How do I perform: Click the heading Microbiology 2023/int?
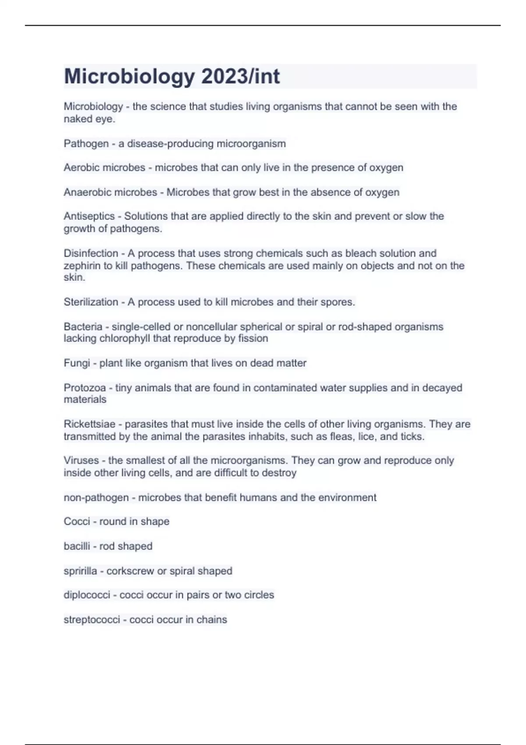click(172, 76)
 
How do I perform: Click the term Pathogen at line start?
click(86, 144)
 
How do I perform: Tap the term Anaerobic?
click(87, 192)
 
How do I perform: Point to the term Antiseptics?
click(89, 216)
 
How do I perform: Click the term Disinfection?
click(91, 253)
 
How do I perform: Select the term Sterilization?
click(91, 302)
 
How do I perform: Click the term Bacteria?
click(83, 327)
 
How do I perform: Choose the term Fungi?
click(77, 363)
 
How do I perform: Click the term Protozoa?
click(85, 388)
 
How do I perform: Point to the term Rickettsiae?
click(89, 424)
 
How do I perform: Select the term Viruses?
click(81, 461)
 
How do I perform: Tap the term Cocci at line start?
click(77, 521)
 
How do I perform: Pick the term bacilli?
click(77, 546)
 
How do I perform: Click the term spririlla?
click(80, 571)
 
